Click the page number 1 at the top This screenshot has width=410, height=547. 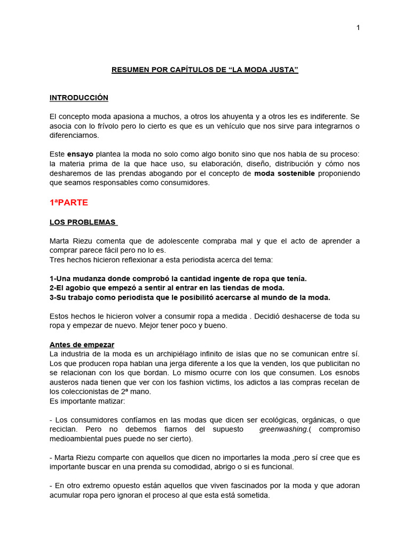click(x=358, y=28)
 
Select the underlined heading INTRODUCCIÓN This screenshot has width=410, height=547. click(x=79, y=98)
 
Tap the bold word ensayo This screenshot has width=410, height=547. click(x=80, y=154)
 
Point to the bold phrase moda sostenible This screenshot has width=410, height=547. click(x=285, y=173)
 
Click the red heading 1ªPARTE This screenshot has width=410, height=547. click(x=69, y=202)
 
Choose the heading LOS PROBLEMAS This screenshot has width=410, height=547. click(x=83, y=222)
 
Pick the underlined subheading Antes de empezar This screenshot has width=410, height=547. click(x=82, y=345)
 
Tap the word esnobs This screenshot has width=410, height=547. click(x=347, y=372)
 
